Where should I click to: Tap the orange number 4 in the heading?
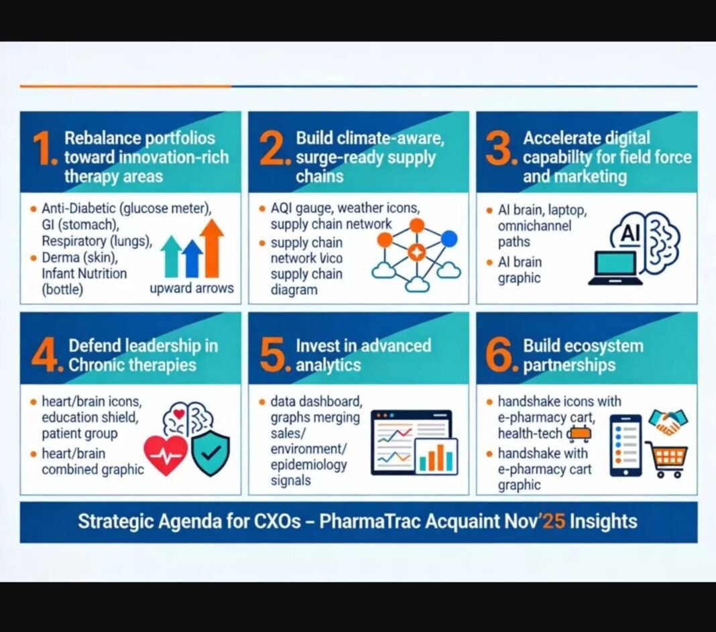point(44,355)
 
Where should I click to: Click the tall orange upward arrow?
point(211,248)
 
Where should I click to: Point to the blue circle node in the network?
point(449,239)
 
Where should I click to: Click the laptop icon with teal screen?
point(615,268)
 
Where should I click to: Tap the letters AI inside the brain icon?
point(631,233)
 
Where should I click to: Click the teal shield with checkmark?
point(211,453)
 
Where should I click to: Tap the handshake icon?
point(668,422)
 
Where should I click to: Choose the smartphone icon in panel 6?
point(625,445)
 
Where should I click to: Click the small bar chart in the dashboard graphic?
point(436,456)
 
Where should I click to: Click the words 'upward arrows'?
point(191,288)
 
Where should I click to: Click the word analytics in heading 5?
point(329,365)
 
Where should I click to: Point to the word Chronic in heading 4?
point(96,365)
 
